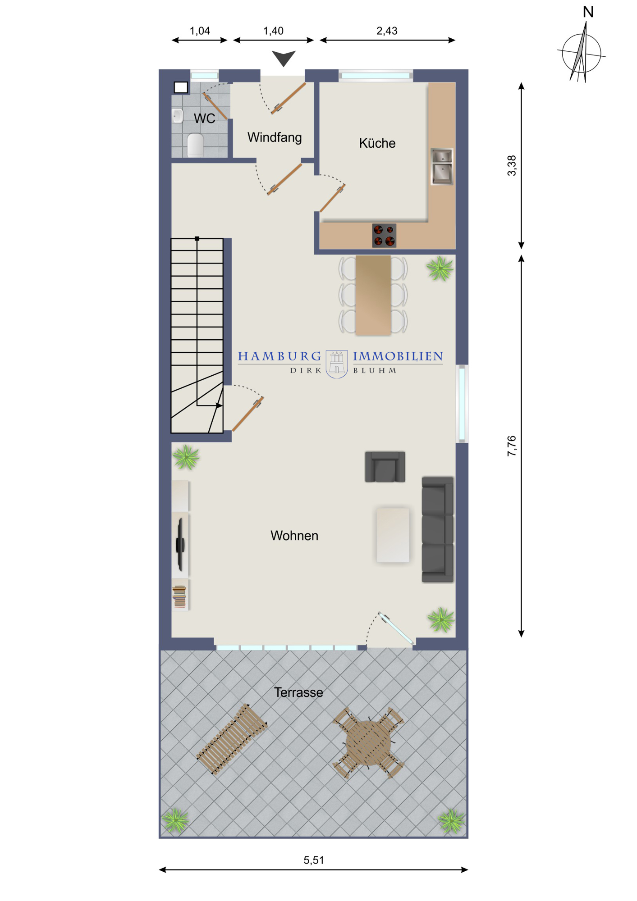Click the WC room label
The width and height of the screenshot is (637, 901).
click(204, 118)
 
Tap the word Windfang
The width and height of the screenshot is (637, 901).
click(275, 137)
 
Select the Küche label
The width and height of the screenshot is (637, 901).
click(377, 143)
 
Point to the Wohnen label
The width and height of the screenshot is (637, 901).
click(294, 536)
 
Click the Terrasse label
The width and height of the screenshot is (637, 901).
click(298, 692)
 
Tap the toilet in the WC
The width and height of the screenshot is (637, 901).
click(195, 145)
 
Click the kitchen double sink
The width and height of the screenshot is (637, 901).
click(442, 167)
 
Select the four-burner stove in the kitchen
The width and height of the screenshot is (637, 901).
click(384, 236)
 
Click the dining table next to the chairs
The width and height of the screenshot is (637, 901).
click(373, 295)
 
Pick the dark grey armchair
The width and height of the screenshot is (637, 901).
click(385, 467)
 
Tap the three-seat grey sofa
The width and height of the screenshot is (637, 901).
click(438, 530)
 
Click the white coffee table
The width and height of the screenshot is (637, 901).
click(393, 535)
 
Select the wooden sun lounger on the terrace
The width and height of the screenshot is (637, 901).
click(232, 739)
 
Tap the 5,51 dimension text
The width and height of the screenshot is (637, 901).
click(314, 860)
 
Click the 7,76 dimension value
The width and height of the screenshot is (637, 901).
click(512, 446)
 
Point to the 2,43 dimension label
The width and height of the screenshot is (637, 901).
click(387, 31)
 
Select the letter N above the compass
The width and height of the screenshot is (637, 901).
click(588, 12)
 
